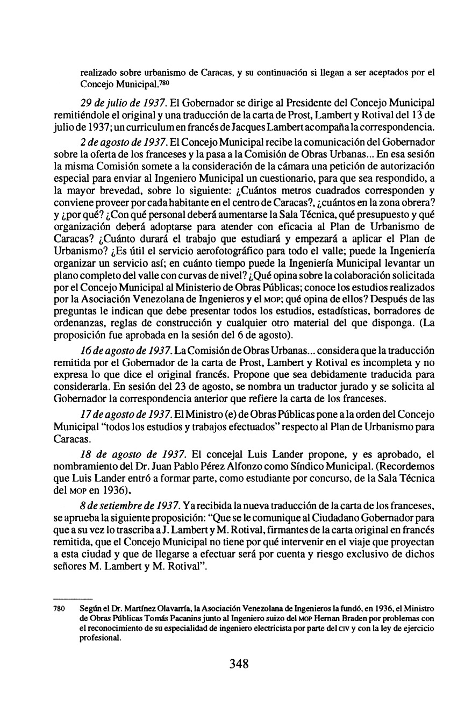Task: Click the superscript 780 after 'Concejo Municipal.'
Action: (x=165, y=83)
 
